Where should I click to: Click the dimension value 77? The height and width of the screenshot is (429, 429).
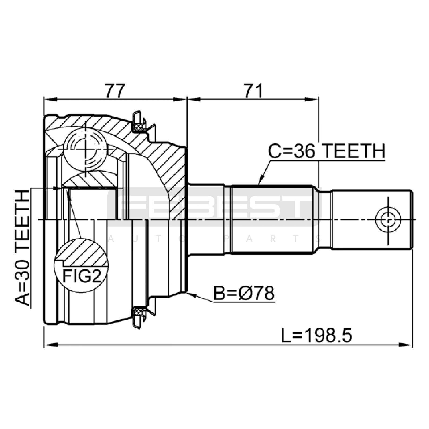115,91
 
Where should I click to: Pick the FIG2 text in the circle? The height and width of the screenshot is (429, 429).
82,276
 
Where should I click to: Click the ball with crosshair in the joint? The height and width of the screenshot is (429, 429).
85,149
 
